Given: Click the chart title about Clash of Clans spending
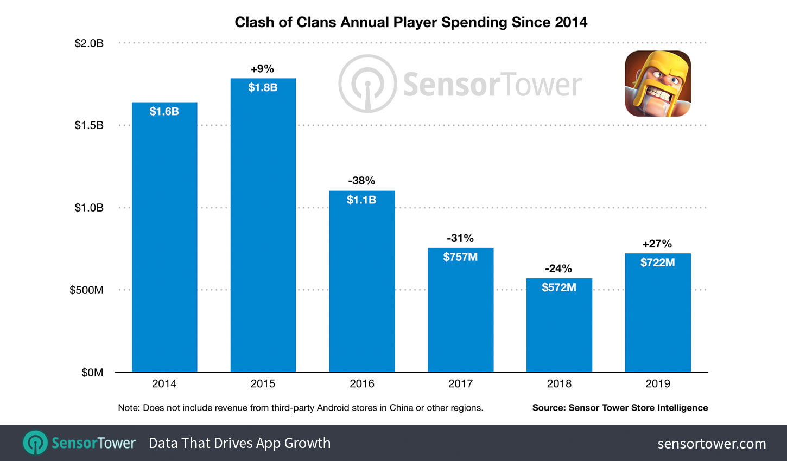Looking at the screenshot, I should point(411,22).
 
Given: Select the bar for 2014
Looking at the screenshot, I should point(164,244).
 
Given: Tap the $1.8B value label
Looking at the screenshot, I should point(263,87).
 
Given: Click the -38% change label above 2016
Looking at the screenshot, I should point(361,181).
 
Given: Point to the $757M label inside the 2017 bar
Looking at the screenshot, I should point(460,257).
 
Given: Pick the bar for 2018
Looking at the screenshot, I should point(559,331).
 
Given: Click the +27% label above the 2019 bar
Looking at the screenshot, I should point(657,244).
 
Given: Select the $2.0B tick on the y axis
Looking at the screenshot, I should point(89,43).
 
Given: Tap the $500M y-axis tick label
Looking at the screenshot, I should point(86,290).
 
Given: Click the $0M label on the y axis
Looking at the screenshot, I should point(92,373).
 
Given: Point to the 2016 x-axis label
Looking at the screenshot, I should point(362,384).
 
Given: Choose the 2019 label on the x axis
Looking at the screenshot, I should point(658,384).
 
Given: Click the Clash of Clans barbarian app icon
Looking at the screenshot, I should point(658,84).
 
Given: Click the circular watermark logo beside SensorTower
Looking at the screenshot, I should point(367,84).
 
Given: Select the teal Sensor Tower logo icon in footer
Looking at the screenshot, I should point(35,443).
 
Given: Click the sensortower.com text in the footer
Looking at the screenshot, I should point(712,444).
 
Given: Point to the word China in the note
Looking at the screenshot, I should point(401,408).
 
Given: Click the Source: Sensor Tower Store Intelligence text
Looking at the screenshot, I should point(620,408).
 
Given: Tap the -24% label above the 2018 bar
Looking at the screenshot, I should point(558,268).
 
